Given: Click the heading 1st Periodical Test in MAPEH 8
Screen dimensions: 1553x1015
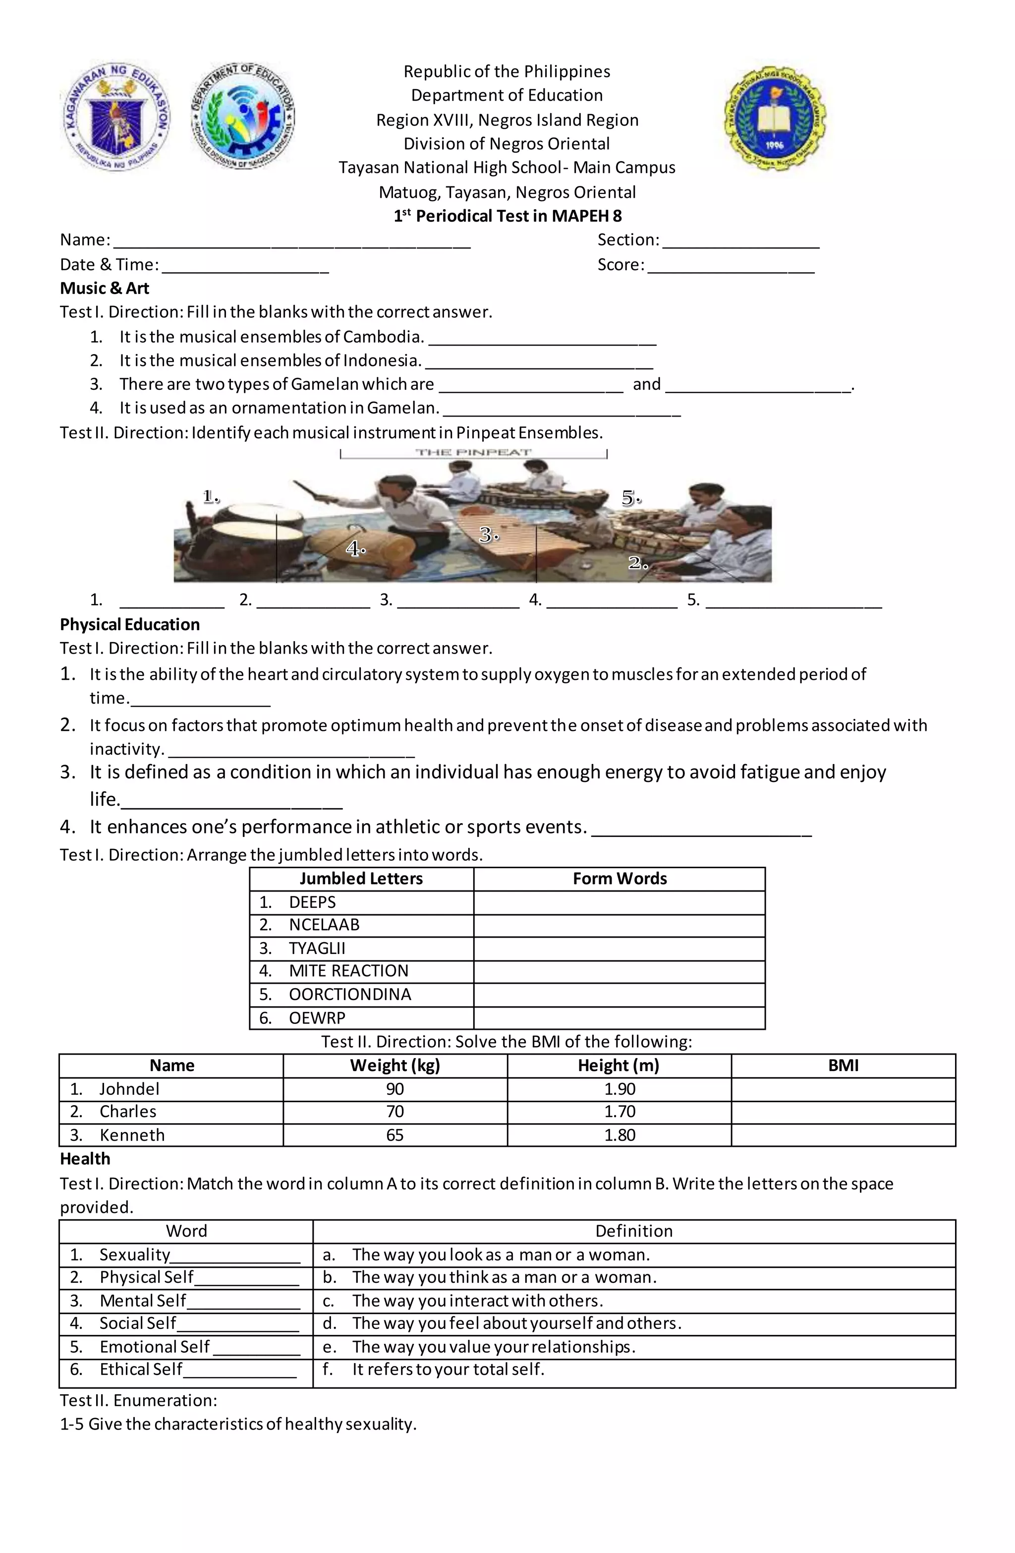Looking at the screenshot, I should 507,216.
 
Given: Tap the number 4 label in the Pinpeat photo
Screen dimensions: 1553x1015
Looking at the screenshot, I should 355,549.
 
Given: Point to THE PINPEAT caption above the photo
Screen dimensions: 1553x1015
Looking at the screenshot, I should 474,452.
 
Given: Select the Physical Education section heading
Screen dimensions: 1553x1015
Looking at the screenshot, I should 130,624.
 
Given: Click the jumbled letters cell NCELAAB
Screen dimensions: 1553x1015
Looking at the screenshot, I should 324,925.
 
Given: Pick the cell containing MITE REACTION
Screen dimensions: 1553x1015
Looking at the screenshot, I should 348,971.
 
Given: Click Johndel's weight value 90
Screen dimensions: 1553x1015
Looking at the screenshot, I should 395,1089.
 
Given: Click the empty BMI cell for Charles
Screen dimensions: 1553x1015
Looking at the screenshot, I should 843,1112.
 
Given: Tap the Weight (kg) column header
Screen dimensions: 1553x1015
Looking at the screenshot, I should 395,1066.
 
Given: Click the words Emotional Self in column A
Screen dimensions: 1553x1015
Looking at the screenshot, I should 155,1347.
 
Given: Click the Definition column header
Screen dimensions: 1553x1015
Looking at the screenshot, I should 633,1231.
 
